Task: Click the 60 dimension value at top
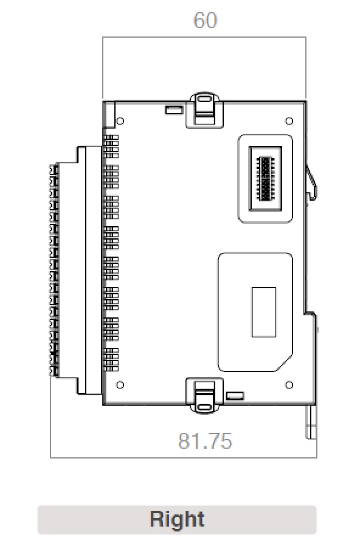(x=205, y=21)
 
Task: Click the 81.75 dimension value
(x=205, y=441)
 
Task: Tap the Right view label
(x=177, y=520)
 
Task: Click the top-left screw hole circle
(x=120, y=120)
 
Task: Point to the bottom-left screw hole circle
(x=120, y=385)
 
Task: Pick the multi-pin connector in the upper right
(x=265, y=178)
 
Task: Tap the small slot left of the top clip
(x=173, y=110)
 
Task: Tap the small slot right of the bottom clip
(x=235, y=396)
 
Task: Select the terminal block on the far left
(x=54, y=269)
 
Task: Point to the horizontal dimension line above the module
(x=204, y=38)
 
